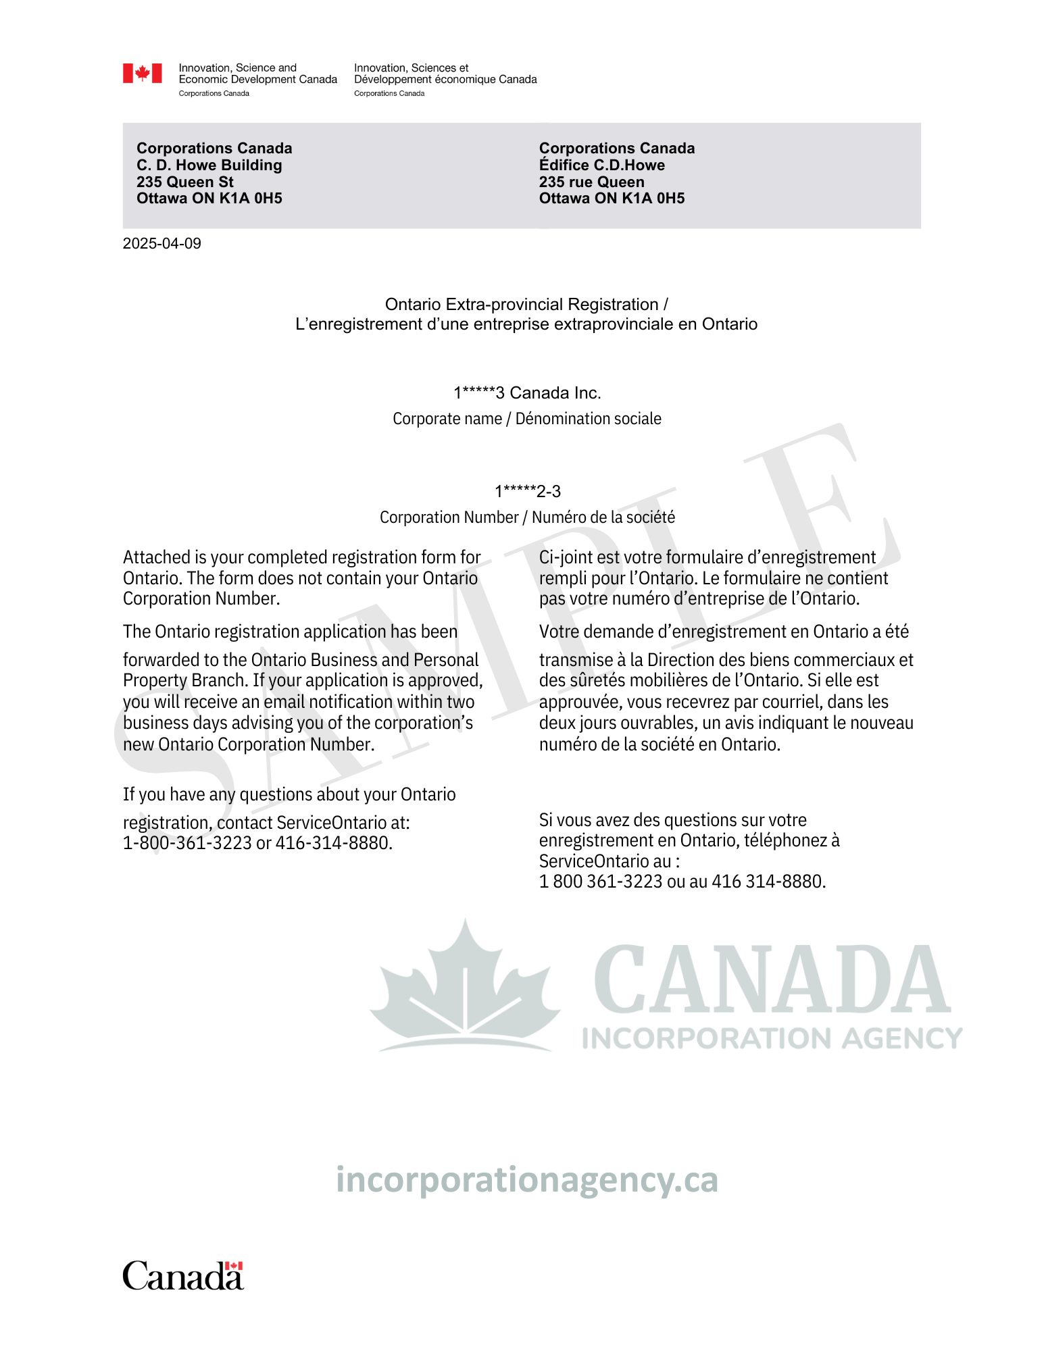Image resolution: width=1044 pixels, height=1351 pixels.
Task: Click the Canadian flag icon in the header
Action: coord(142,73)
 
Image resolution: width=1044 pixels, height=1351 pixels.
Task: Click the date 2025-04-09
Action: coord(161,244)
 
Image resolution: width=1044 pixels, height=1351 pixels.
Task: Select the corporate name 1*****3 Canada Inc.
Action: coord(527,392)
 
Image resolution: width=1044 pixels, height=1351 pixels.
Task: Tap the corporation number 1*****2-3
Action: coord(527,491)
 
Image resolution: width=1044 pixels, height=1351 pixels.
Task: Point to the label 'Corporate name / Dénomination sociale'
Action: coord(527,419)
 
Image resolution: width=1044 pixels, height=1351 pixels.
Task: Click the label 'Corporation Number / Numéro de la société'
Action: coord(527,517)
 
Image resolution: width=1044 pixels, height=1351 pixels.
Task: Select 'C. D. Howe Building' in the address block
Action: coord(209,165)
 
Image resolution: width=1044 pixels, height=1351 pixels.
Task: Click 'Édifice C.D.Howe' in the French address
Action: coord(601,165)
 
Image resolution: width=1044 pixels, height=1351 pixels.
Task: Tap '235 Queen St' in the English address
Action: coord(184,182)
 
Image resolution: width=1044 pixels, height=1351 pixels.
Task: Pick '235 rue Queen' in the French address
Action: coord(591,182)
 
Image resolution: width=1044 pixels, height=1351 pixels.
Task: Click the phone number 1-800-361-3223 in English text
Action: coord(187,843)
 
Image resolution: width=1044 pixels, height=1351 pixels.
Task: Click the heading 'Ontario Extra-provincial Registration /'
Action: coord(526,305)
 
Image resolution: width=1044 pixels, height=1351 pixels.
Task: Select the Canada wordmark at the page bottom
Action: coord(182,1276)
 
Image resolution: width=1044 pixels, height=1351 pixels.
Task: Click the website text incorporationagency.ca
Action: coord(526,1180)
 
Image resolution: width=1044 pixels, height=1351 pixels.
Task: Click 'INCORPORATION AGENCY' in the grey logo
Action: coord(772,1038)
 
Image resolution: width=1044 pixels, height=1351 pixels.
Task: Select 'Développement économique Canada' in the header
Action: coord(445,80)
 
